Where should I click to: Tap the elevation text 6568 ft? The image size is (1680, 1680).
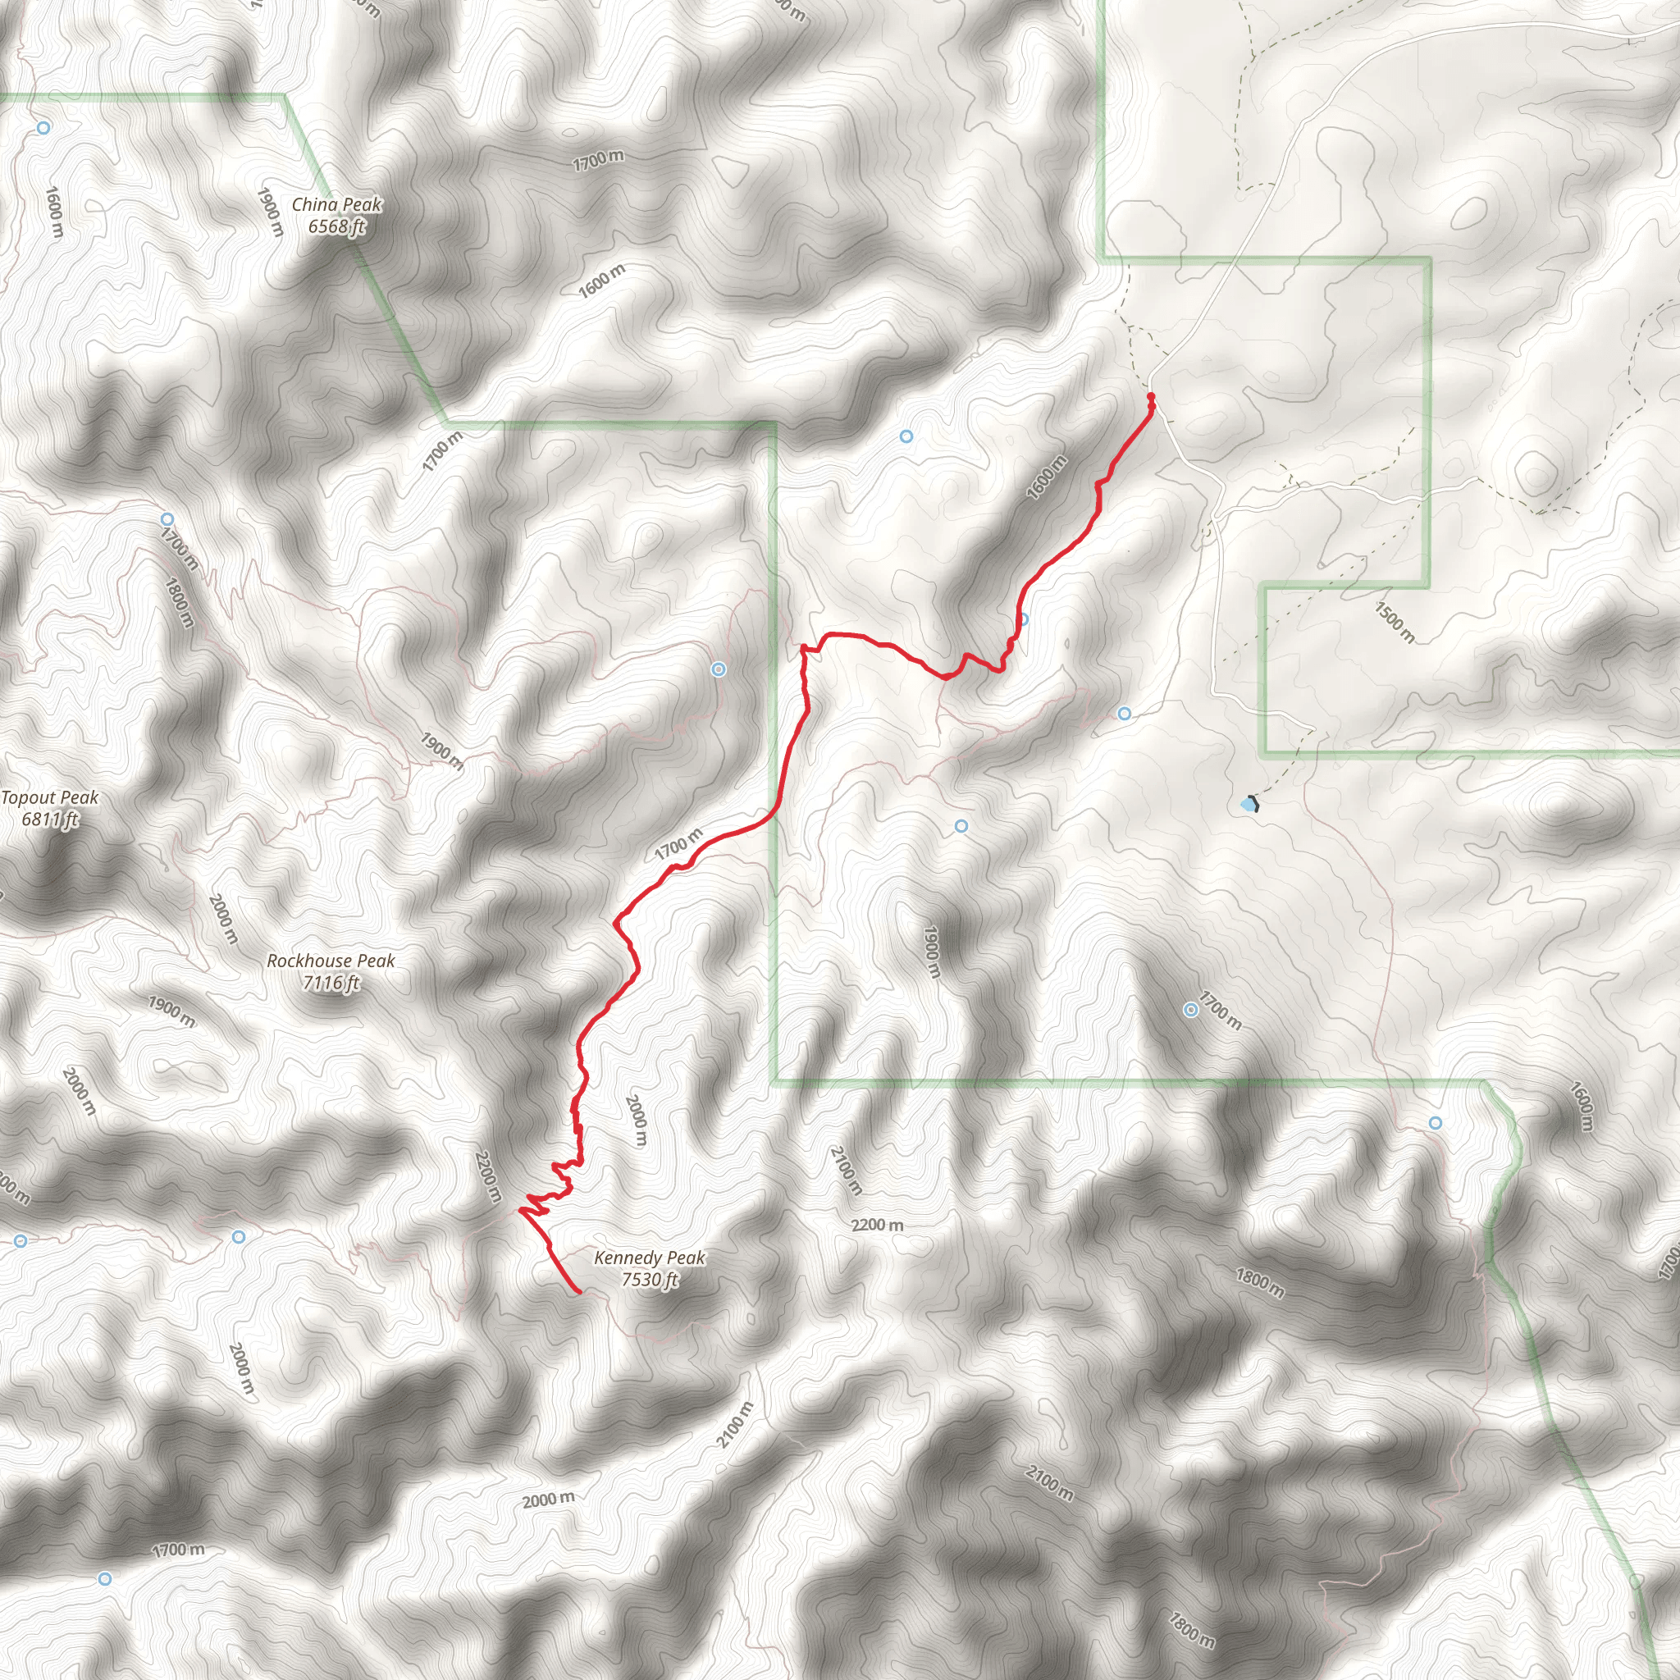tap(336, 227)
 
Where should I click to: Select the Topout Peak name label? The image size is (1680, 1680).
tap(49, 797)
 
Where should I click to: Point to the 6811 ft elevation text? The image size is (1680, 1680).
tap(49, 819)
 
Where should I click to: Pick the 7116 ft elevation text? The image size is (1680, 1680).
tap(331, 983)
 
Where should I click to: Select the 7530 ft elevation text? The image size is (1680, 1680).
tap(650, 1279)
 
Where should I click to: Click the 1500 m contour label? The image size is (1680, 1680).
tap(1394, 623)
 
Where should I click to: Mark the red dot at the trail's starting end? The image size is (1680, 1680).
tap(1151, 397)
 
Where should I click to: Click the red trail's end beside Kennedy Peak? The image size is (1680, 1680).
tap(579, 1293)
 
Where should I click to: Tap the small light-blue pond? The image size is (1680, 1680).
tap(1248, 806)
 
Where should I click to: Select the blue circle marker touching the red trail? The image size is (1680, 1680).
tap(1024, 620)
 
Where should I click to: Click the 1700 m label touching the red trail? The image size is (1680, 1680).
tap(678, 844)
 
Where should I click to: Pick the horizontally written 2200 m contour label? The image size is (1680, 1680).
tap(877, 1226)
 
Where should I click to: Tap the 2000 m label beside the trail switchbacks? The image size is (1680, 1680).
tap(636, 1121)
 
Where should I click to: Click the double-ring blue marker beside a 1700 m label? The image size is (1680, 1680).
tap(1190, 1010)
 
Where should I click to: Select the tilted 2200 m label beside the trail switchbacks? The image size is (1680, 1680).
tap(488, 1176)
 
